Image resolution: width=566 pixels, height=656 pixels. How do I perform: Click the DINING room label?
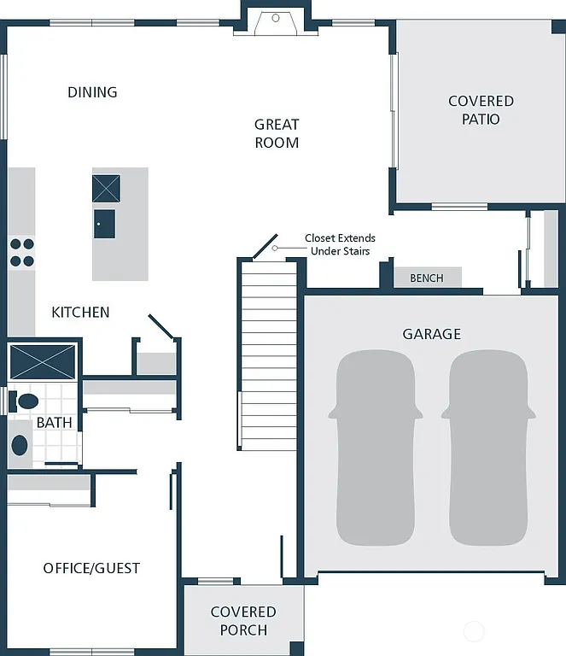(92, 92)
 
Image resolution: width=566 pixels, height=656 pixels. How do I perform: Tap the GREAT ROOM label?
(277, 134)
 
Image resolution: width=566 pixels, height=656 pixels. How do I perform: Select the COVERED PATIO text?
(481, 110)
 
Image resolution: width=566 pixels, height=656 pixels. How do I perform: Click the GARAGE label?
(431, 334)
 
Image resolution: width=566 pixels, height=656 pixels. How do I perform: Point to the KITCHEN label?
(80, 313)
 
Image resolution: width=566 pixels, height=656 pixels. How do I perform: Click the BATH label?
(53, 423)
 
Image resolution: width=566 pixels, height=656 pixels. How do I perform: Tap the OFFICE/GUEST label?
(91, 568)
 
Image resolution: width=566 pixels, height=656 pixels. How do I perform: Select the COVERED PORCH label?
(243, 621)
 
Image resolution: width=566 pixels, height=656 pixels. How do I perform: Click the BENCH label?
(427, 278)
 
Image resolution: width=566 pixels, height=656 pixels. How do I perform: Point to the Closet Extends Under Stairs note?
(340, 244)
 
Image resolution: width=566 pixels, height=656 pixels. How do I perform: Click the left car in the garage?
(376, 448)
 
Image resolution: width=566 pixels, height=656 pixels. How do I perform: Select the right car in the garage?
(487, 448)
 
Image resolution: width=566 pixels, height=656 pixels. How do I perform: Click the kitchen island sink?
(104, 224)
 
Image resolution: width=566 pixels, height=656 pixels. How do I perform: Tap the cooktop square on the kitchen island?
(106, 188)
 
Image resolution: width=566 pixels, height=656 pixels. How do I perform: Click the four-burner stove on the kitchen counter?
(21, 253)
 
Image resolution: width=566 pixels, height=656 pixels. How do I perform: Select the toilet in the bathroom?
(26, 401)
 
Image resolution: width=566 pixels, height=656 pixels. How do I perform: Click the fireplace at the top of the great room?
(276, 20)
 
